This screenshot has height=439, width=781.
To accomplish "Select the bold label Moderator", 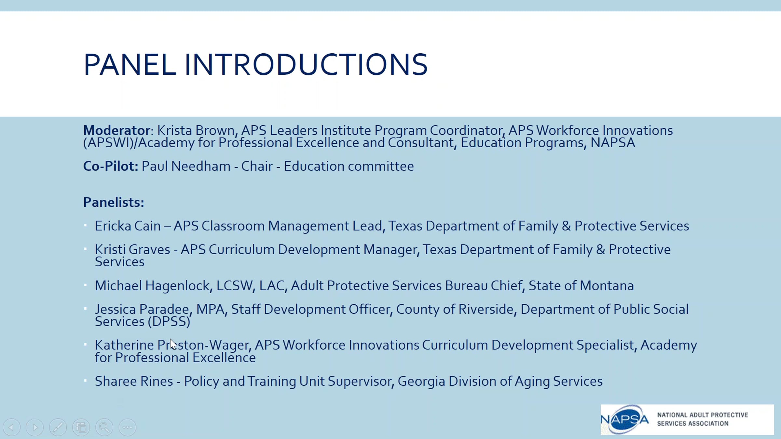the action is point(116,130).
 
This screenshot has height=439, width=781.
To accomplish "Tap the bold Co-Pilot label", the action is point(111,166).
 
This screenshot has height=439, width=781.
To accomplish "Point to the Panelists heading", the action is point(114,202).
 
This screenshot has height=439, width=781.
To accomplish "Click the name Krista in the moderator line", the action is point(175,130).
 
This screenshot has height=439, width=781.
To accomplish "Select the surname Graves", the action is point(149,250).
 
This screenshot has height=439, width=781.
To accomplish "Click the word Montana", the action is point(607,286).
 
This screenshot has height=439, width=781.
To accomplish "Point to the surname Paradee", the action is point(166,309).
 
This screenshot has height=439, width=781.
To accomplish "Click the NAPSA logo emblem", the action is point(624,419).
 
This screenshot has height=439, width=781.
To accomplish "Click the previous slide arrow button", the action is point(12,427).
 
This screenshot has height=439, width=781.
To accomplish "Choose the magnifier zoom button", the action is point(104,427).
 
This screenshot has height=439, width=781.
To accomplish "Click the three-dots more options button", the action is point(128,427).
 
